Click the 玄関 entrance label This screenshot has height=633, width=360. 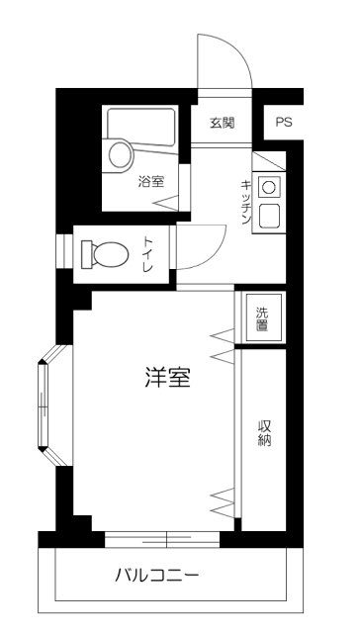pyautogui.click(x=222, y=124)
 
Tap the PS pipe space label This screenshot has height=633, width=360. pyautogui.click(x=285, y=124)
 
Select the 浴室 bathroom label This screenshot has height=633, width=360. pyautogui.click(x=151, y=181)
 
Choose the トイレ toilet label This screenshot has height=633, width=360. pyautogui.click(x=147, y=253)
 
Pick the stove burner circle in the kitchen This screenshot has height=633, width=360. pyautogui.click(x=267, y=186)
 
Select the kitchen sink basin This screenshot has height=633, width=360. pyautogui.click(x=268, y=214)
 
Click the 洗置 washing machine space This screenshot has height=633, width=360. pyautogui.click(x=262, y=317)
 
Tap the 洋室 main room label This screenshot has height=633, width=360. pyautogui.click(x=167, y=377)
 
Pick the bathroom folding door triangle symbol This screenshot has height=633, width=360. pyautogui.click(x=167, y=203)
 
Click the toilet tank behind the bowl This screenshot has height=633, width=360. pyautogui.click(x=85, y=254)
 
